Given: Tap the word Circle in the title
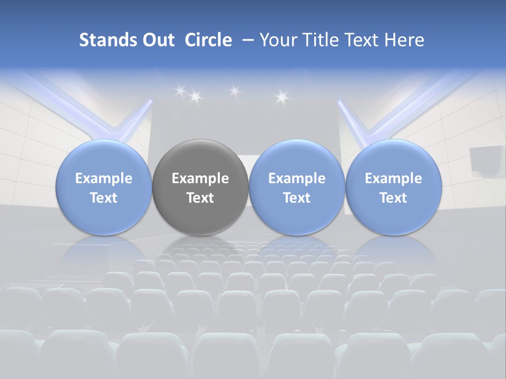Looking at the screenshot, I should point(208,40).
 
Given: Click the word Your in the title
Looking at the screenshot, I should point(277,40).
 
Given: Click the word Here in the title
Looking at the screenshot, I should point(404,40).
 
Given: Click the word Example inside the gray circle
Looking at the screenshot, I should point(200,178).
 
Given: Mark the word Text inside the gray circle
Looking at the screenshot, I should point(200,198).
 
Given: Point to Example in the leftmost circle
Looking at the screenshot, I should point(104,178).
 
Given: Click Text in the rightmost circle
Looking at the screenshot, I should point(393,198).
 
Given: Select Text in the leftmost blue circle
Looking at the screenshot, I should point(104,198).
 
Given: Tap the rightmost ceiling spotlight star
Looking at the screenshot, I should point(281,96).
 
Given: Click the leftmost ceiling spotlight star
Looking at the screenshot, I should point(180,91).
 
